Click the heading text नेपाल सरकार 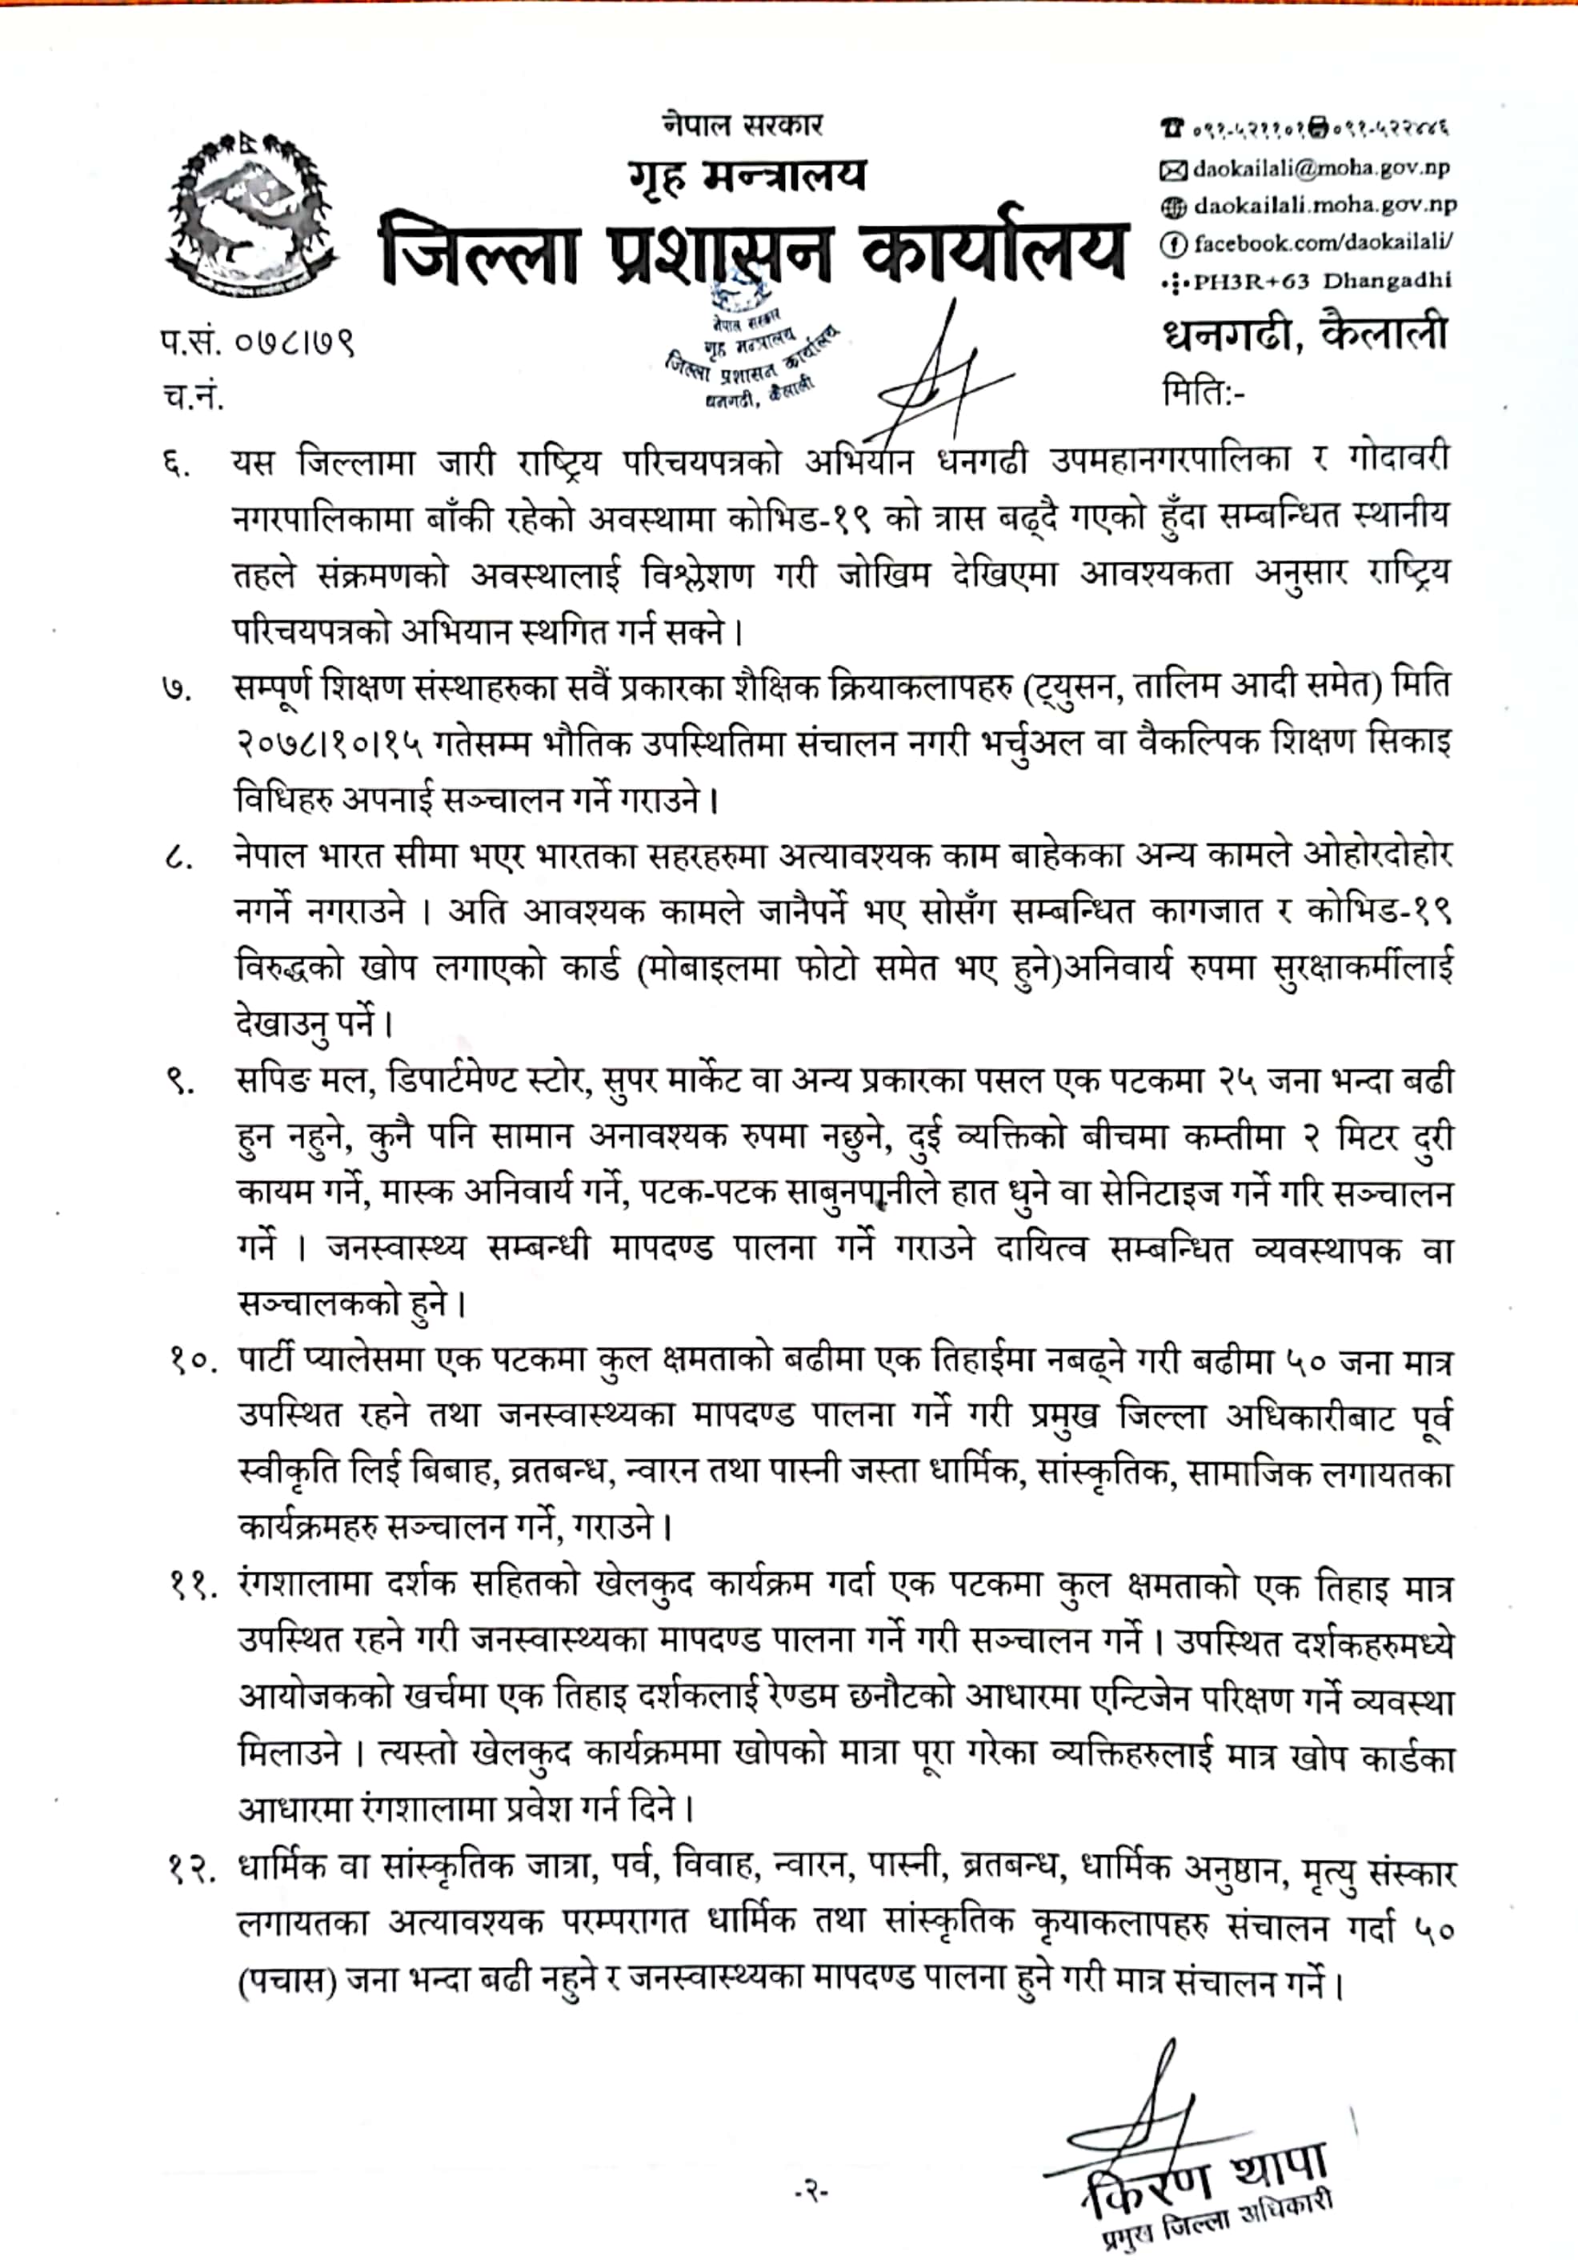(x=743, y=125)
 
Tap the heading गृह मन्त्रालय (x=749, y=175)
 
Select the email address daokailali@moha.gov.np (x=1319, y=168)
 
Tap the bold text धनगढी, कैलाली (x=1304, y=333)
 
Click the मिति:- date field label (x=1203, y=392)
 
